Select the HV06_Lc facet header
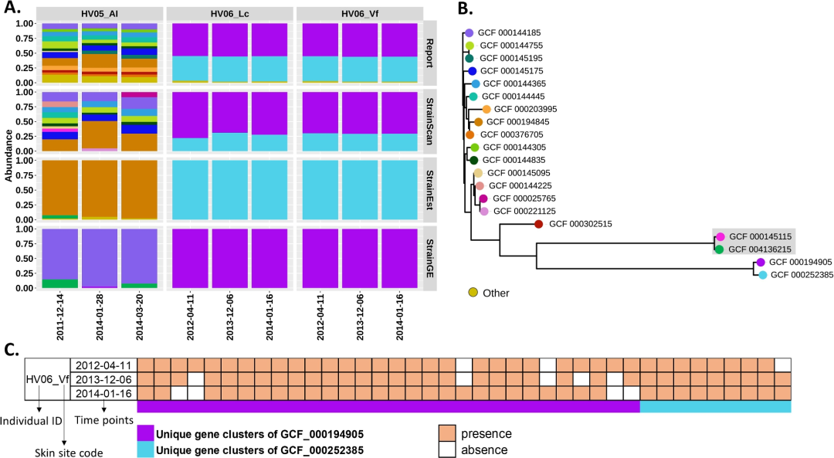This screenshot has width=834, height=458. (x=229, y=14)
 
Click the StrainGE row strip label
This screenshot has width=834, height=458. (x=429, y=258)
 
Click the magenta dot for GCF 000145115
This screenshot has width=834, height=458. (x=720, y=236)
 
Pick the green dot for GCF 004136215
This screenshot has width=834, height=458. (x=720, y=249)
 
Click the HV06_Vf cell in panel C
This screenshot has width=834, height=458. (x=47, y=378)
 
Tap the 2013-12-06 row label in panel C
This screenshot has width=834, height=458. (x=103, y=378)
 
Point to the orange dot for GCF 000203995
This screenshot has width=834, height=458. (x=486, y=110)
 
